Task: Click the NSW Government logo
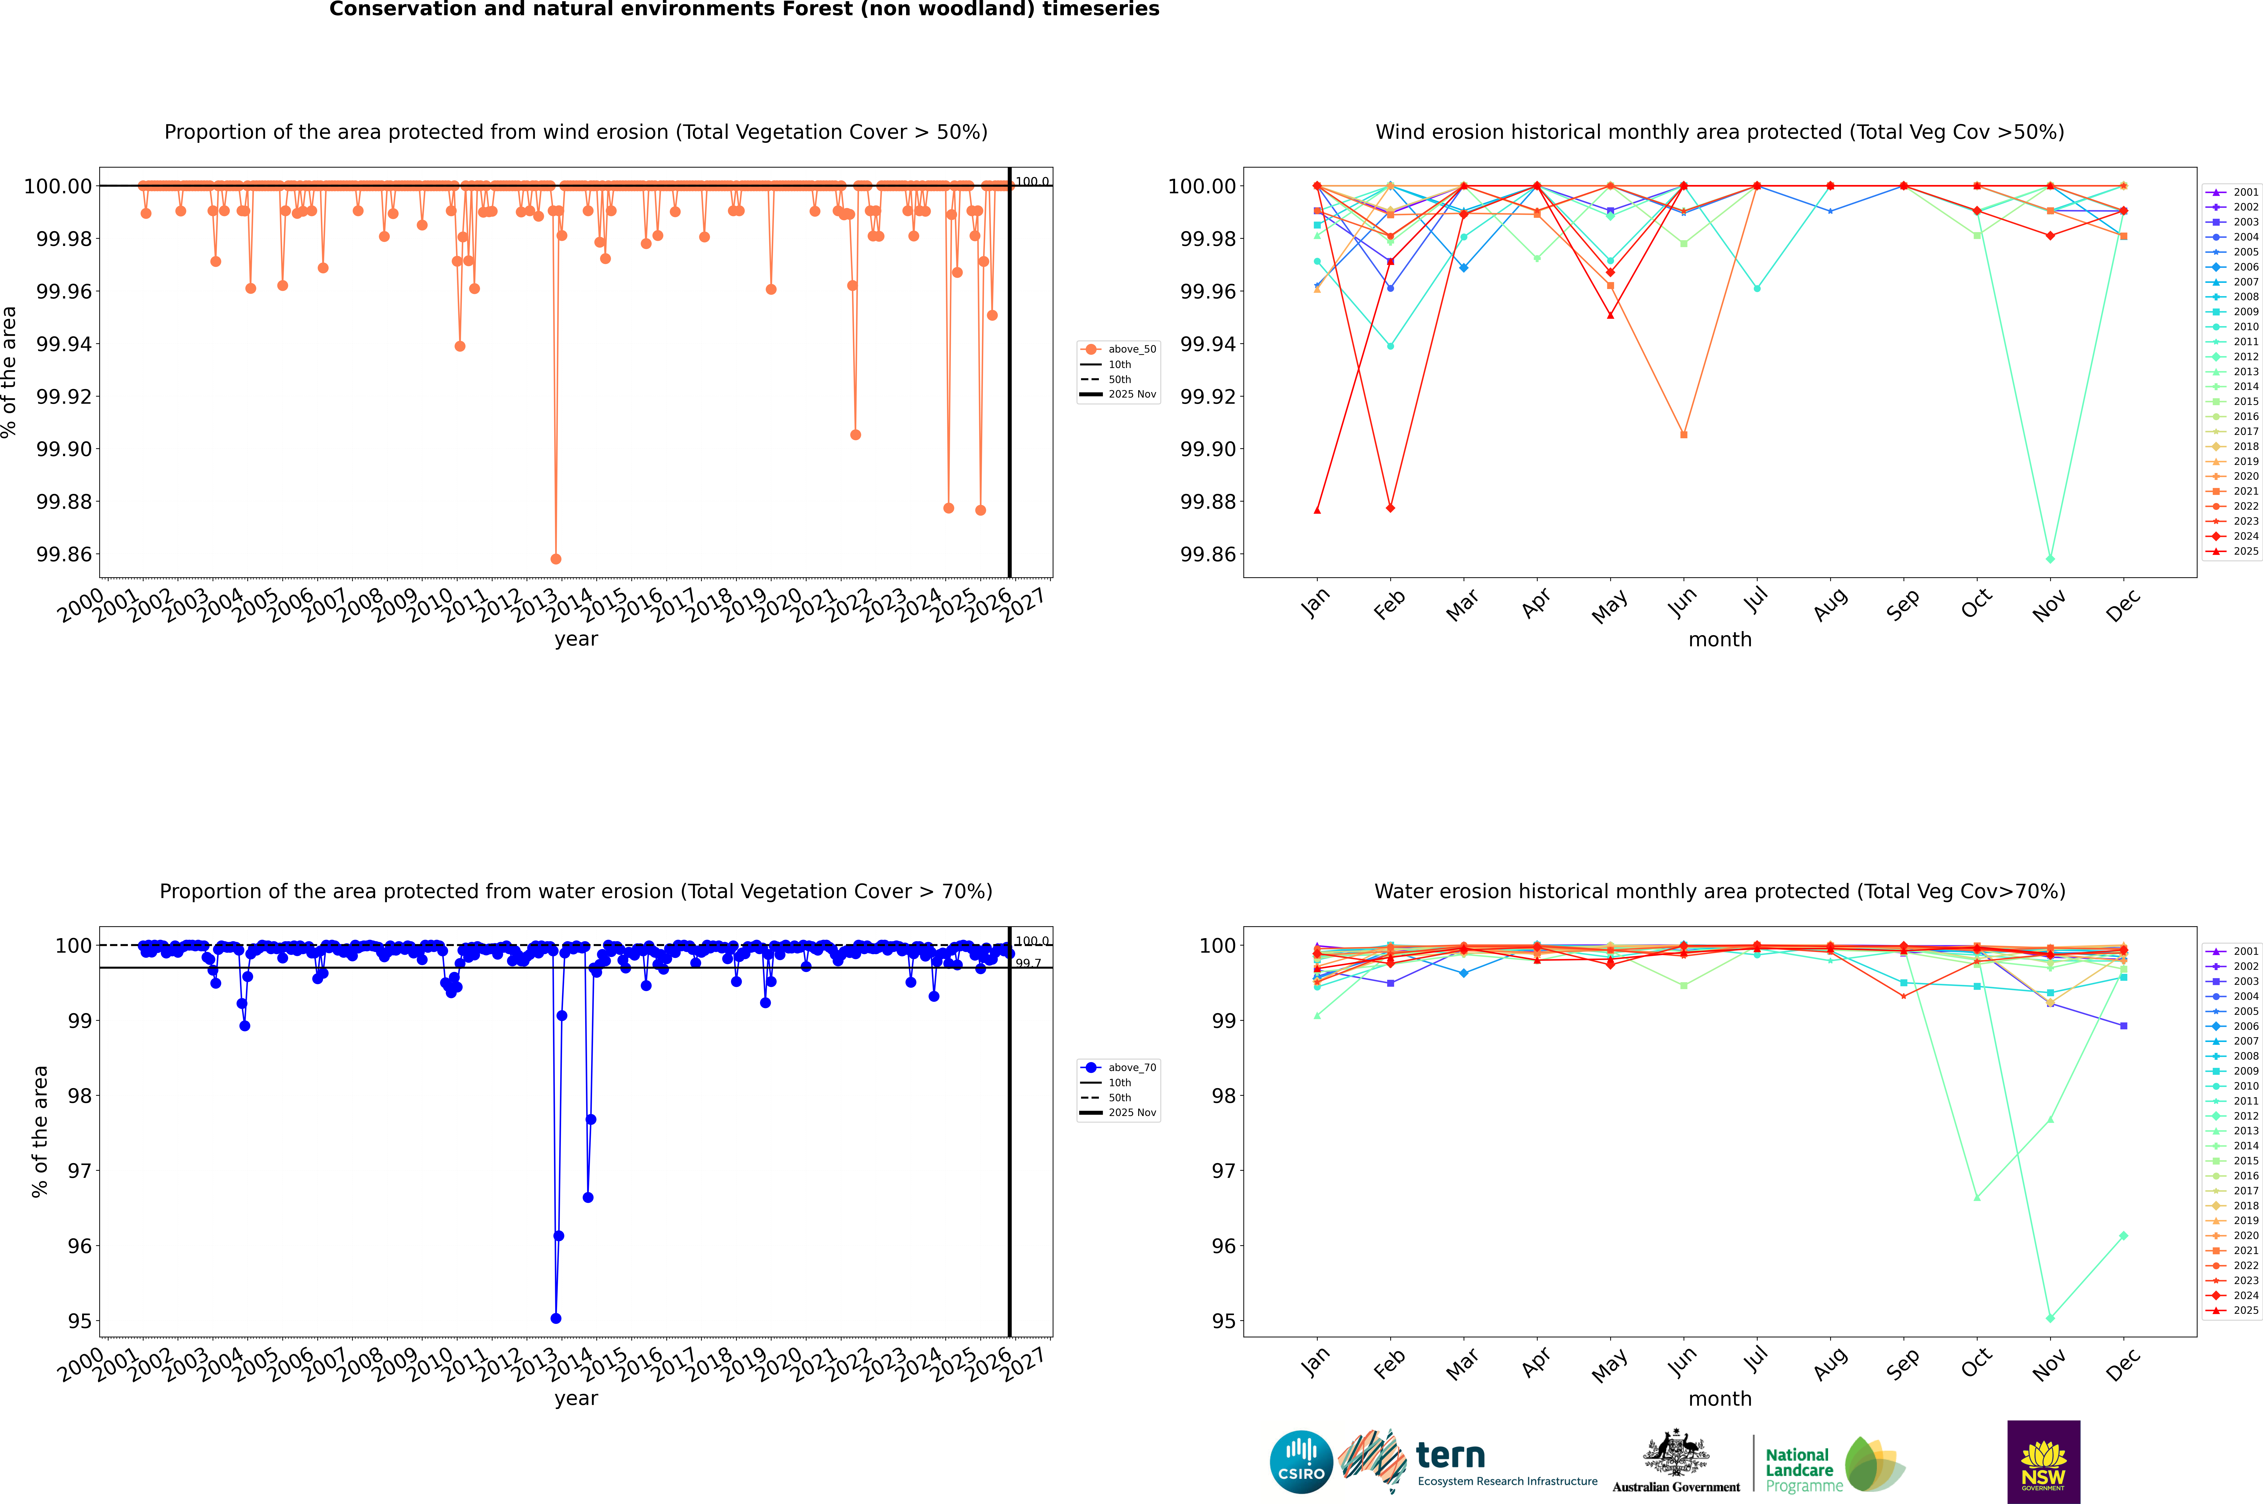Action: pos(2043,1462)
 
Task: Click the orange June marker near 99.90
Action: pos(1684,434)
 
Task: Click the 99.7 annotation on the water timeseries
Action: pos(1028,963)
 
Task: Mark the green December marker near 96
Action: pos(2123,1235)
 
